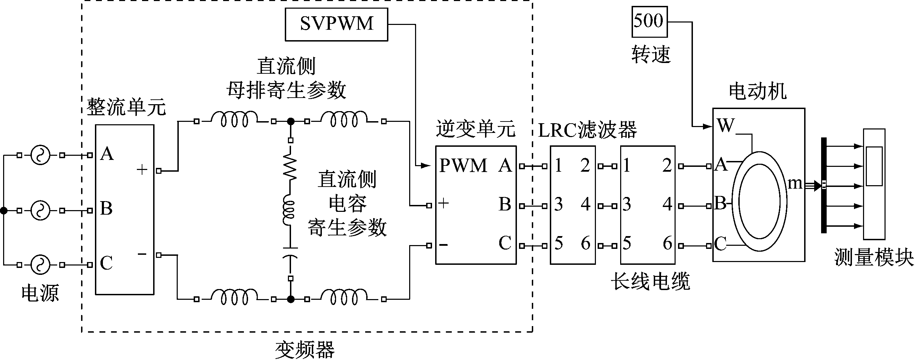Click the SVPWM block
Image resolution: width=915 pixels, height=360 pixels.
(336, 24)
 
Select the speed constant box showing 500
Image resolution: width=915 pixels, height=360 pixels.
(649, 21)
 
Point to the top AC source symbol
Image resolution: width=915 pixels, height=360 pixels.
(40, 155)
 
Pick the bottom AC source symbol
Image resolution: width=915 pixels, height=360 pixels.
(40, 265)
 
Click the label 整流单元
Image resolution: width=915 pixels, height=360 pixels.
(126, 107)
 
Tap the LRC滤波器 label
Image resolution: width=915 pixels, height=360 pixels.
(587, 130)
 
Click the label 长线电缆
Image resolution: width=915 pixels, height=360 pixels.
(650, 281)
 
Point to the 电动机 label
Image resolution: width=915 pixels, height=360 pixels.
(757, 92)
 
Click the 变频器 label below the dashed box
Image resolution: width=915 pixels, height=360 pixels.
(305, 350)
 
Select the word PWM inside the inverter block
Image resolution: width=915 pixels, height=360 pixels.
(463, 166)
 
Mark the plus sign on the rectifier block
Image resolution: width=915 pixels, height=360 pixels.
(142, 170)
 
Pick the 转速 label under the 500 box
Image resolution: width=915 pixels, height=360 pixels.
(651, 55)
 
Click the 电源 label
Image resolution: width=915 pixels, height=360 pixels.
(40, 293)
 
